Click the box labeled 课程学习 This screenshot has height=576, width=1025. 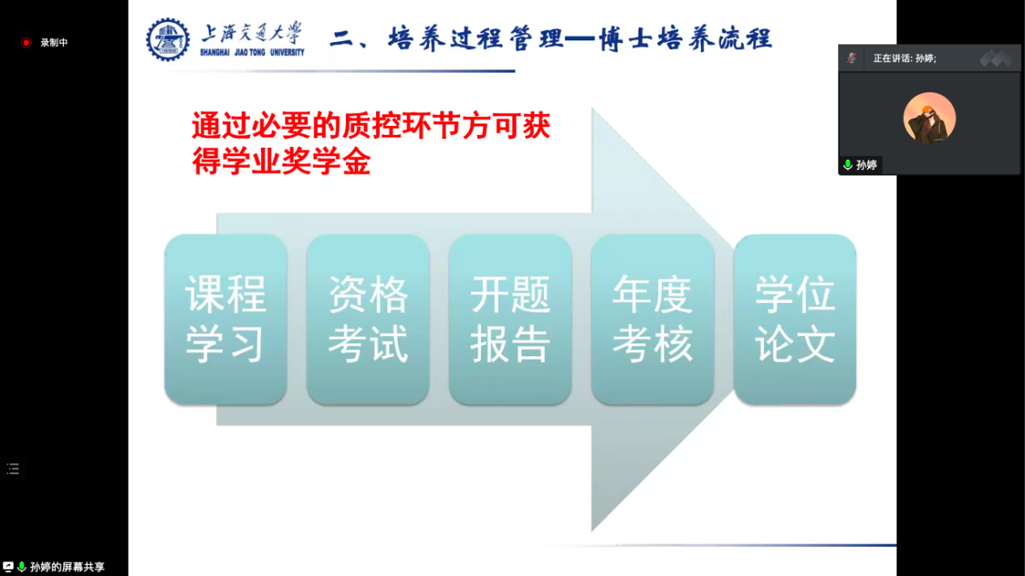click(x=226, y=320)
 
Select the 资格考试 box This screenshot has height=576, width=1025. click(x=368, y=320)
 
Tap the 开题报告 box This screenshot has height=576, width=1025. click(x=510, y=320)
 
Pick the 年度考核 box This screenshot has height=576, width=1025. click(x=652, y=320)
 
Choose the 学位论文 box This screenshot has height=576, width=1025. click(x=795, y=320)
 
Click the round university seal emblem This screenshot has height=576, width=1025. click(x=167, y=39)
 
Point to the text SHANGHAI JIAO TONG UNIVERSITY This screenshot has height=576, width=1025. click(x=252, y=53)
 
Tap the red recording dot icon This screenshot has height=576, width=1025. click(x=26, y=43)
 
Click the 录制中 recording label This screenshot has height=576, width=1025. click(x=54, y=43)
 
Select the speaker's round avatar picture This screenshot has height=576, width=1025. click(x=929, y=119)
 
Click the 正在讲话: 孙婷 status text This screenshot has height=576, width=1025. click(x=905, y=59)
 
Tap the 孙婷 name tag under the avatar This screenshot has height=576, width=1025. click(x=866, y=165)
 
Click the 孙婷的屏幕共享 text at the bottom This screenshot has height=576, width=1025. click(x=67, y=567)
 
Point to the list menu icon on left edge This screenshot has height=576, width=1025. click(x=13, y=469)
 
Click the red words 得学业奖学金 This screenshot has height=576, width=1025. click(x=281, y=162)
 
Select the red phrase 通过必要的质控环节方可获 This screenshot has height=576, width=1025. click(x=371, y=127)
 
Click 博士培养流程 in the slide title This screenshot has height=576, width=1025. click(x=685, y=38)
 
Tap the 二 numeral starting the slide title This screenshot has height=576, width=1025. click(x=342, y=39)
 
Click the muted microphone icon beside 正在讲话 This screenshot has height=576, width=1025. click(x=851, y=58)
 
